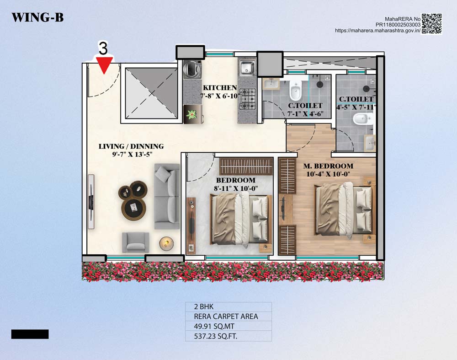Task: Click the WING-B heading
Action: pyautogui.click(x=37, y=17)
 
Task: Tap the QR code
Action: pyautogui.click(x=432, y=24)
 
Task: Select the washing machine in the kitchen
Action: pyautogui.click(x=192, y=69)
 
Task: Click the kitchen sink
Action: pyautogui.click(x=247, y=67)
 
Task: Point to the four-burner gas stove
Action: pyautogui.click(x=247, y=99)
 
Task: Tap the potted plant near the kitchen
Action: pyautogui.click(x=191, y=114)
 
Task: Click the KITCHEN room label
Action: pyautogui.click(x=220, y=88)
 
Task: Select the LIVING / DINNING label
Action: pyautogui.click(x=131, y=146)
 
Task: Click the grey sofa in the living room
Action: pyautogui.click(x=167, y=196)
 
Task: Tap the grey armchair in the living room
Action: pyautogui.click(x=136, y=242)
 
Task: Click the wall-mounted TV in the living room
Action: pyautogui.click(x=91, y=202)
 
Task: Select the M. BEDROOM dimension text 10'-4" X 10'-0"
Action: pyautogui.click(x=328, y=174)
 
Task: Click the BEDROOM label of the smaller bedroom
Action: pyautogui.click(x=235, y=180)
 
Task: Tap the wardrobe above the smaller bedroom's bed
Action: pyautogui.click(x=246, y=167)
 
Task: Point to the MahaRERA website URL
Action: pyautogui.click(x=378, y=30)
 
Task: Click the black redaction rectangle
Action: pyautogui.click(x=30, y=334)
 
